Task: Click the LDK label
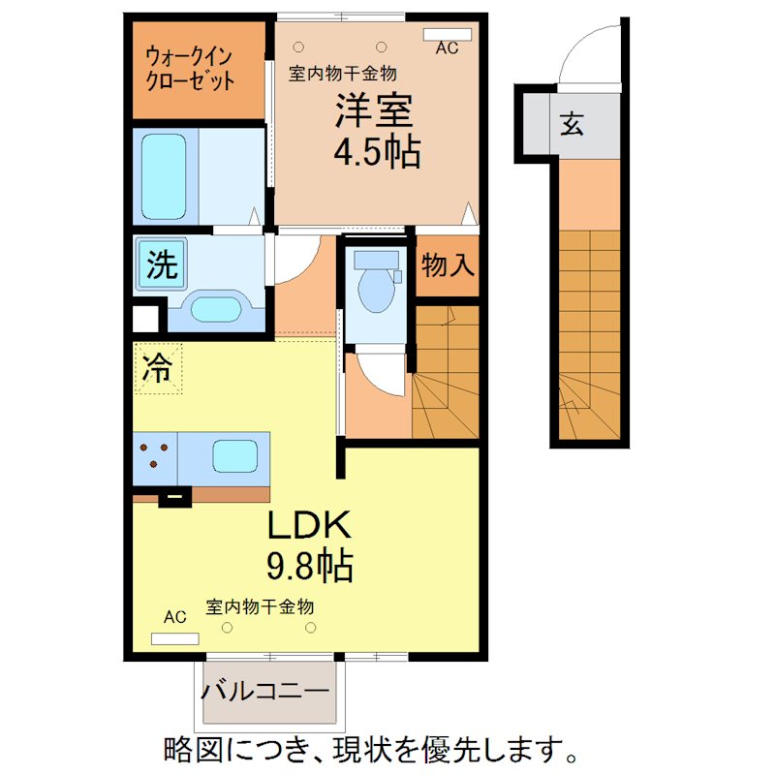click(x=308, y=526)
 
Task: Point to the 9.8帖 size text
click(x=308, y=565)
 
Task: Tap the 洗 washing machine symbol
click(x=162, y=264)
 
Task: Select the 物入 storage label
click(x=449, y=265)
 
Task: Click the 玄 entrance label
click(x=572, y=125)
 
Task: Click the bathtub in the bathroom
click(x=164, y=176)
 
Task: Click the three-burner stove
click(x=156, y=455)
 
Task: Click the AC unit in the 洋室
click(x=448, y=35)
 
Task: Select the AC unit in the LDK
click(x=175, y=638)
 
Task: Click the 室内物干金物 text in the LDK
click(x=261, y=607)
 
